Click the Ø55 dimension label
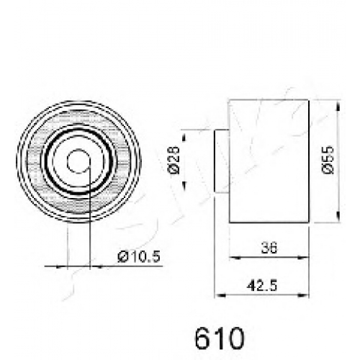pyautogui.click(x=328, y=160)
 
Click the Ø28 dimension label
pyautogui.click(x=174, y=160)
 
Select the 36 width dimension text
pyautogui.click(x=269, y=248)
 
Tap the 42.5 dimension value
pyautogui.click(x=262, y=286)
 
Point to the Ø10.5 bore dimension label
pyautogui.click(x=139, y=256)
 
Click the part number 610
pyautogui.click(x=220, y=338)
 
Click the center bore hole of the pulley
pyautogui.click(x=78, y=161)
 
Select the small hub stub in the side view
pyautogui.click(x=222, y=161)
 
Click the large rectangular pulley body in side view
pyautogui.click(x=269, y=161)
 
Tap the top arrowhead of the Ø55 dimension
pyautogui.click(x=338, y=106)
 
